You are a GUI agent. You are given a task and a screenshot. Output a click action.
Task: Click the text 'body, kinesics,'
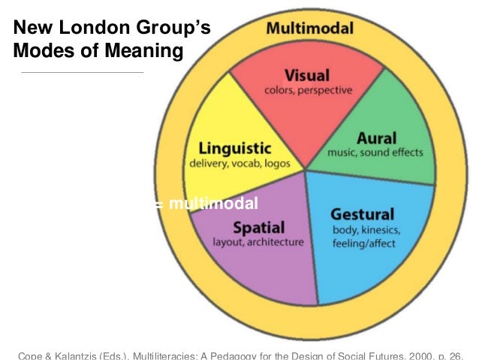(x=367, y=228)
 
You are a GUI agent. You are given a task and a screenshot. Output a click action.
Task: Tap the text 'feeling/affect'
(x=363, y=243)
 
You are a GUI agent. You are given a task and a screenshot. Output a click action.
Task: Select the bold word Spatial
(x=259, y=227)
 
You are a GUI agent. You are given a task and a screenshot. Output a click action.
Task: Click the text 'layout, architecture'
(x=259, y=242)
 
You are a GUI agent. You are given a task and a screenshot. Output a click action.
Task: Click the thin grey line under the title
(x=83, y=72)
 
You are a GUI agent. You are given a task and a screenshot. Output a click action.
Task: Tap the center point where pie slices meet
(x=306, y=168)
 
